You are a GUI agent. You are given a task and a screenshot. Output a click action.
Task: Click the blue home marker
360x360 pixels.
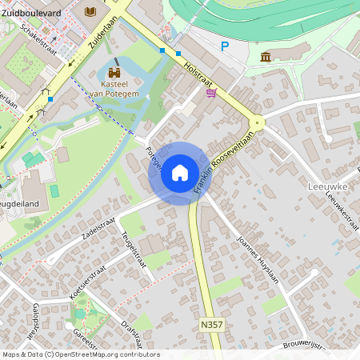(x=180, y=172)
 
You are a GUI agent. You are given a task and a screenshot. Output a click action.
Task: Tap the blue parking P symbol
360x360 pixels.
(x=225, y=46)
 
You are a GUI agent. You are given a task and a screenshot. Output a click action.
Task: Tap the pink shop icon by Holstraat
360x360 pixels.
(x=211, y=94)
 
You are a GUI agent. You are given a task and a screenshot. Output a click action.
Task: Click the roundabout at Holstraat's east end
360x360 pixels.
(x=257, y=123)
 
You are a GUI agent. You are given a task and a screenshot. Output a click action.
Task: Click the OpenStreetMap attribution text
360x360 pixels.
(x=80, y=354)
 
